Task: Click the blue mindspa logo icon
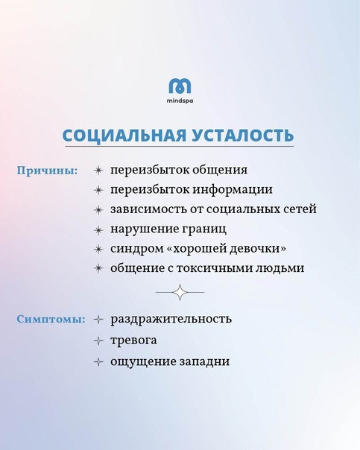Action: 180,86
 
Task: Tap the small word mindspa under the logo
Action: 180,101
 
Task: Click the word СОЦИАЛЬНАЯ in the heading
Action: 124,135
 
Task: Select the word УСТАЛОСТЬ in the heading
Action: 242,135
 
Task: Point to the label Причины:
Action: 48,171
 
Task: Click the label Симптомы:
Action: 51,319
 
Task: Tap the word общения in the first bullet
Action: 220,170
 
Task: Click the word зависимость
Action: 148,209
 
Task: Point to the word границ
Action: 204,229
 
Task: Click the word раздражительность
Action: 171,319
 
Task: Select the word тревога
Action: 133,340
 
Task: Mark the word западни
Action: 204,361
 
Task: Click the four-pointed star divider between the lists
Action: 180,293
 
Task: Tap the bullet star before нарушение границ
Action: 98,230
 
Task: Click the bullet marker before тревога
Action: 98,341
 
